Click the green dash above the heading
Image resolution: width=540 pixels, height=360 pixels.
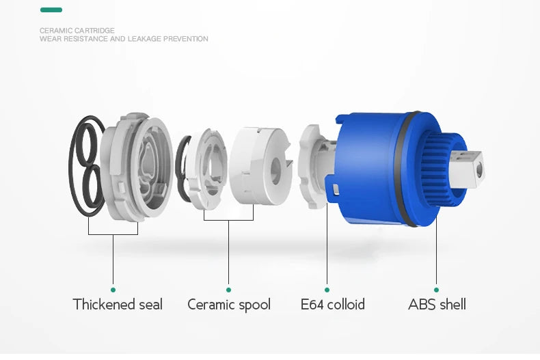(x=51, y=10)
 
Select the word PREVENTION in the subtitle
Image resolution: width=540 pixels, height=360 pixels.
(x=186, y=39)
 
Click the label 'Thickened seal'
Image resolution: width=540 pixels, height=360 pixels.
(x=118, y=305)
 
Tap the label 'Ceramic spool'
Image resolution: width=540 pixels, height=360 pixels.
(x=229, y=305)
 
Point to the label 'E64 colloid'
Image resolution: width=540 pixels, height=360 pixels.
(x=333, y=305)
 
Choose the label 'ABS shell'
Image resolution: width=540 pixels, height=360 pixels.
(x=437, y=305)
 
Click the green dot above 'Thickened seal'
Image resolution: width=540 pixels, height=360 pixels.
(x=113, y=290)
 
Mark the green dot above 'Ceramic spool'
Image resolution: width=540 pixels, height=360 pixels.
(x=228, y=290)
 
